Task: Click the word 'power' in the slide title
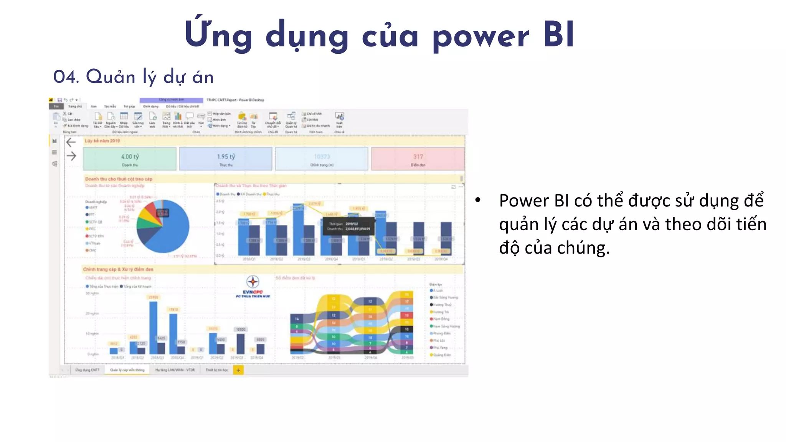click(x=481, y=37)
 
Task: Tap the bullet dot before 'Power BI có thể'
click(x=478, y=200)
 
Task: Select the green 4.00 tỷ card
click(x=130, y=159)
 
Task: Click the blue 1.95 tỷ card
click(x=226, y=159)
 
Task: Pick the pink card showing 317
click(x=418, y=159)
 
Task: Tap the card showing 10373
click(x=322, y=159)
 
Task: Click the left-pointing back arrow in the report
click(x=71, y=142)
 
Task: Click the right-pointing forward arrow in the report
click(x=71, y=156)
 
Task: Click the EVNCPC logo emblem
click(x=253, y=282)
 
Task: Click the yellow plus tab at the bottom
click(x=238, y=370)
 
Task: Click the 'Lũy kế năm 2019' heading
click(x=102, y=141)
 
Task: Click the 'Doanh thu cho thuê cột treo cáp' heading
click(x=119, y=179)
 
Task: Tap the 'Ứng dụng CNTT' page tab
click(x=87, y=370)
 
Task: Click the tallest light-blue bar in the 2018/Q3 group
click(x=298, y=230)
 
